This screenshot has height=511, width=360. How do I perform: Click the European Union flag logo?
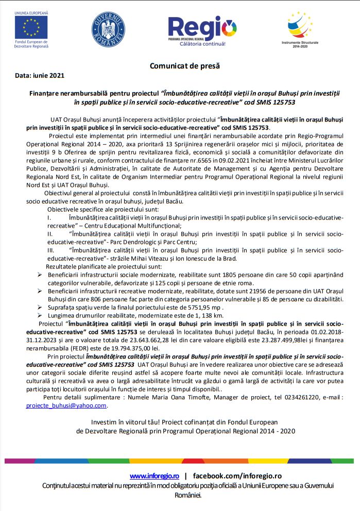click(31, 26)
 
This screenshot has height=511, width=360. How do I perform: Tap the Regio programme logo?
click(202, 28)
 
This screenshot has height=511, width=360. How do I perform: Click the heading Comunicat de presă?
click(184, 65)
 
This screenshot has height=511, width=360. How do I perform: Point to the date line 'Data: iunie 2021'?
click(40, 75)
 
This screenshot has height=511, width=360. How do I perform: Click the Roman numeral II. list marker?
click(50, 234)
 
